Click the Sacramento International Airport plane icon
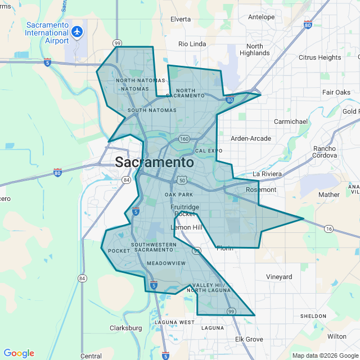[x=77, y=33]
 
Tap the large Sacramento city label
[x=155, y=163]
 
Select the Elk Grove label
[x=249, y=339]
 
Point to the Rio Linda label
[x=192, y=44]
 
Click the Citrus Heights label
[x=319, y=57]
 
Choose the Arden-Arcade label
[x=251, y=138]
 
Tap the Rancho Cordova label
[x=325, y=152]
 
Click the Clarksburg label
[x=126, y=328]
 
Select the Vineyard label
[x=279, y=277]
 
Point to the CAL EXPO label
[x=209, y=151]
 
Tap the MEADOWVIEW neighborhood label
[x=166, y=263]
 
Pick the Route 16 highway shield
[x=329, y=228]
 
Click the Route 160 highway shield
[x=184, y=139]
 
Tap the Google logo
[x=19, y=353]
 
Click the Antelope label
[x=262, y=17]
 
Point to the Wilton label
[x=337, y=336]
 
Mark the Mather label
[x=329, y=195]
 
